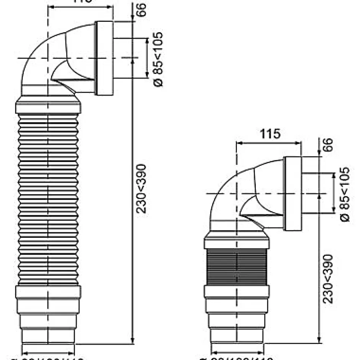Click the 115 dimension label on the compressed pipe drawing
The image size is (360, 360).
270,134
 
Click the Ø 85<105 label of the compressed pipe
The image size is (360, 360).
345,194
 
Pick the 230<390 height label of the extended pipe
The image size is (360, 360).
142,188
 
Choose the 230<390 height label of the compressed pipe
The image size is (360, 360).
328,278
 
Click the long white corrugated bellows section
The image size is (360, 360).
48,199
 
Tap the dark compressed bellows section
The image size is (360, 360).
236,267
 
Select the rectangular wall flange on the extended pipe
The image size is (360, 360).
104,58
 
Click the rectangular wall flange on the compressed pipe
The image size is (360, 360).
293,194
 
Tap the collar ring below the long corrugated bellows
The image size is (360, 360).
48,292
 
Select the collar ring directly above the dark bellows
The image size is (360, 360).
236,243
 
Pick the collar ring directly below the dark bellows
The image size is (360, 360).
236,291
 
